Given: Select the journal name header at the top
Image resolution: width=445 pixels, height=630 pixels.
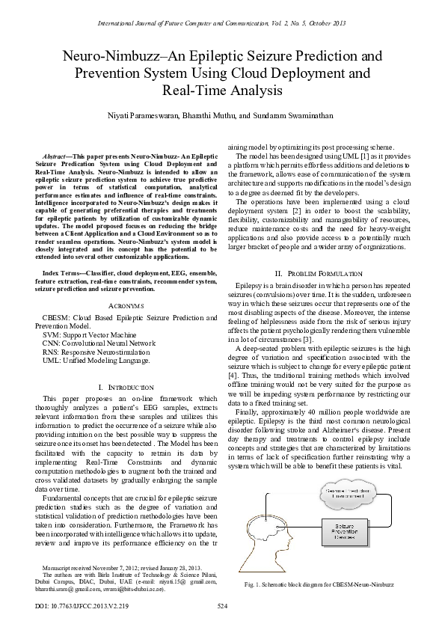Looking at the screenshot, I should pos(222,25).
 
